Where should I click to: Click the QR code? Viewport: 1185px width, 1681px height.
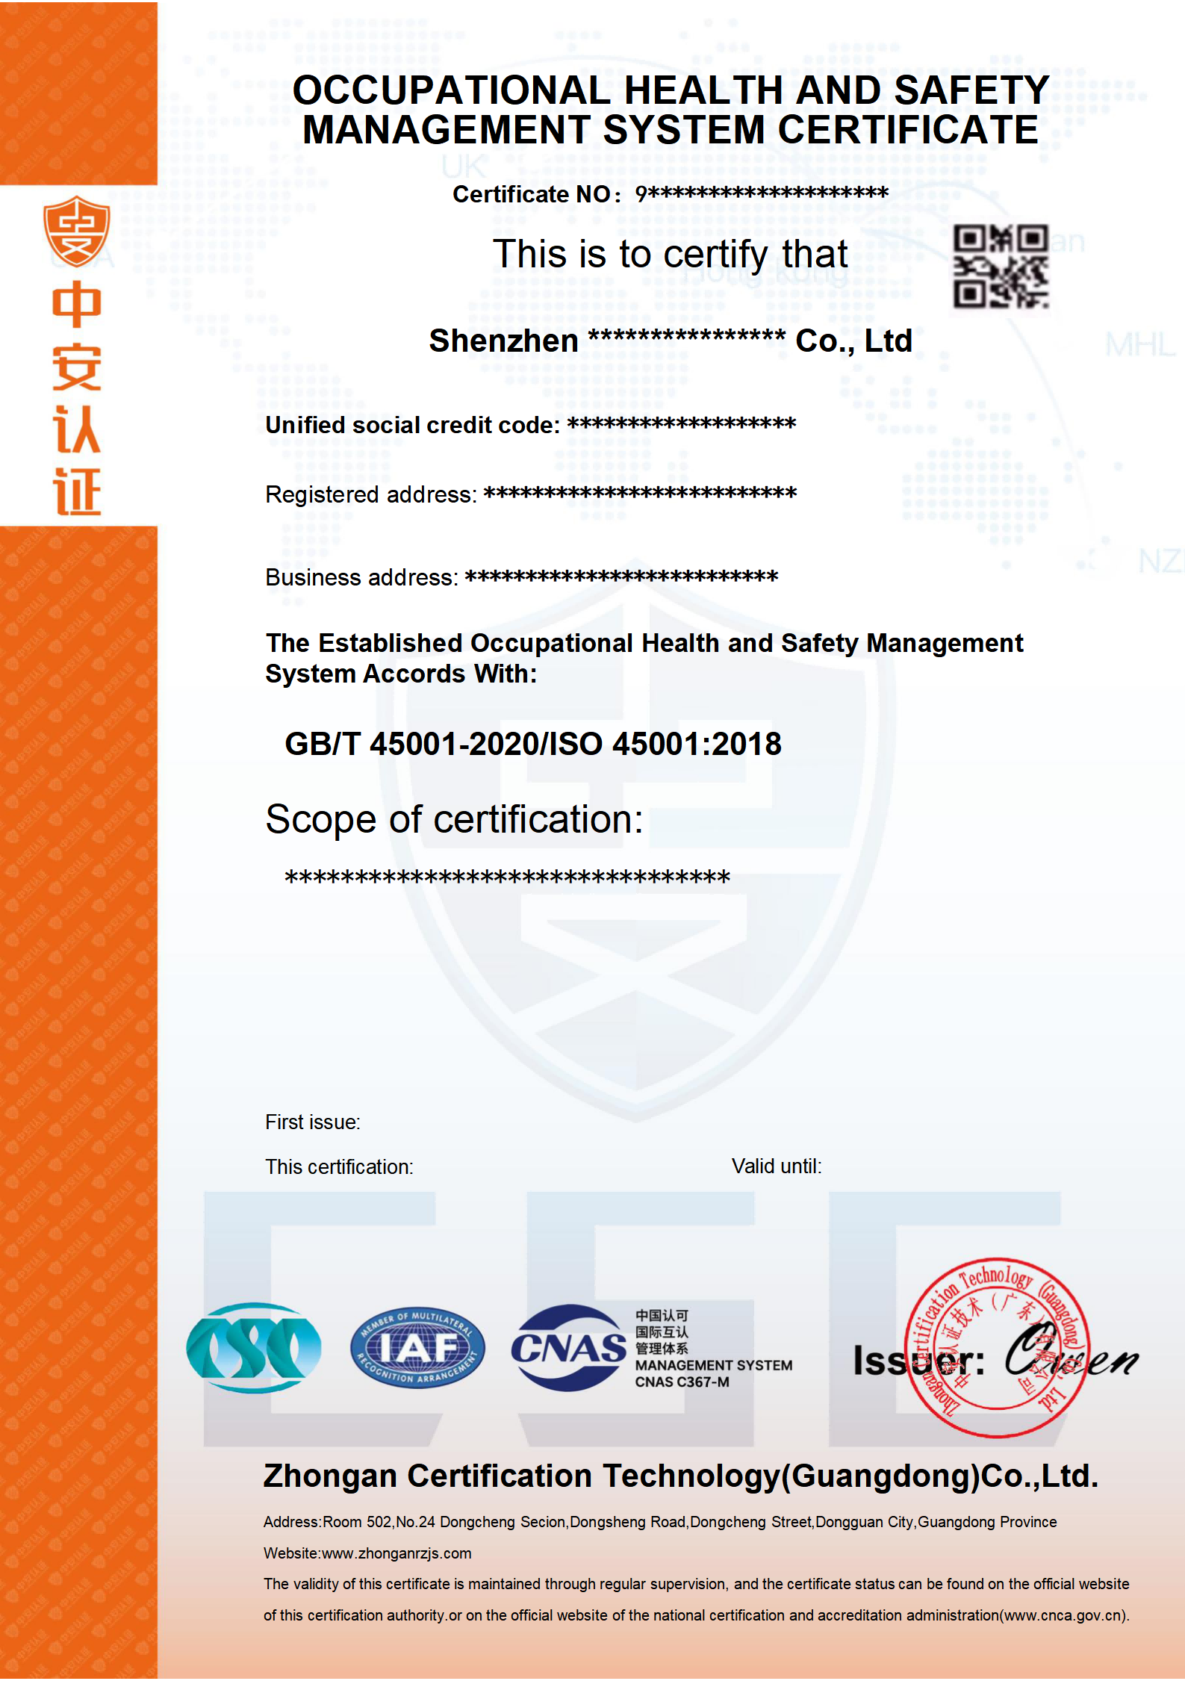(x=1001, y=267)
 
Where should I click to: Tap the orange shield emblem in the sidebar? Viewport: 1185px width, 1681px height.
(x=76, y=232)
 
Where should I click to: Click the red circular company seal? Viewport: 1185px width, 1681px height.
(x=997, y=1347)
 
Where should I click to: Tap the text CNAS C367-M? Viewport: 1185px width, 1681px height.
(x=682, y=1382)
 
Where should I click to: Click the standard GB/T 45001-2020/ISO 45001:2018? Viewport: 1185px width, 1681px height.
(x=533, y=744)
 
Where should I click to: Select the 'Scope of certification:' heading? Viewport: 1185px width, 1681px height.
(x=454, y=819)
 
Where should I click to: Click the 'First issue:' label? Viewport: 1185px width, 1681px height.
(x=312, y=1122)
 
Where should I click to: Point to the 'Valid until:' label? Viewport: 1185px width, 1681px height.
(x=776, y=1166)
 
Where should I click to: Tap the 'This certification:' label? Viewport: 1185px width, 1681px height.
(x=339, y=1167)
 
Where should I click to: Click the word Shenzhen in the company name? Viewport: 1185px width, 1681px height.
(x=503, y=341)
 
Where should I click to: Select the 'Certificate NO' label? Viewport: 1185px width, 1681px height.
(x=532, y=195)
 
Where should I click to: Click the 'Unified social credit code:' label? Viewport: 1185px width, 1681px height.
(x=412, y=426)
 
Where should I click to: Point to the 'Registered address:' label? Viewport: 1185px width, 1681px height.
(x=370, y=495)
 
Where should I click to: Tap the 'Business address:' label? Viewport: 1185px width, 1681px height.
(x=361, y=578)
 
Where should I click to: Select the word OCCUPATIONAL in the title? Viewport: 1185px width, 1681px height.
(x=452, y=91)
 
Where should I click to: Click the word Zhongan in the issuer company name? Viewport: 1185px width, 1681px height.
(x=330, y=1476)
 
